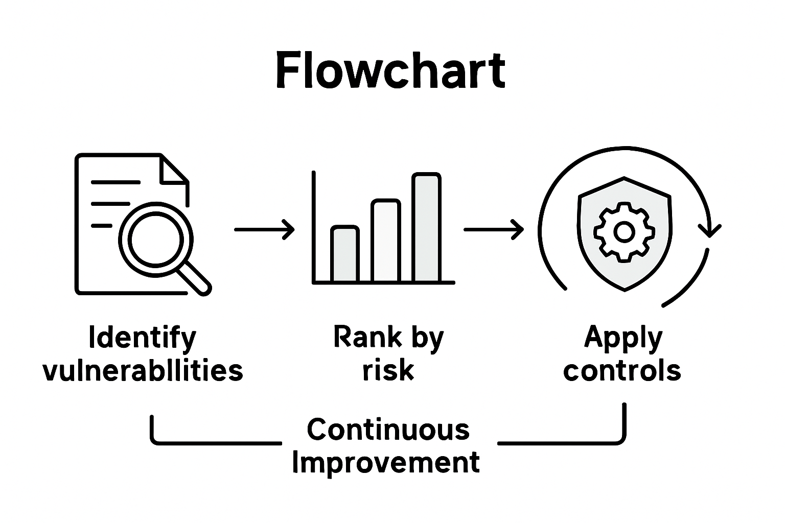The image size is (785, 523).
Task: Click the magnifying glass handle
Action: (x=196, y=280)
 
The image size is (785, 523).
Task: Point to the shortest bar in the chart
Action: (x=344, y=254)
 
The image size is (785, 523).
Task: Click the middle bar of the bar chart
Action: (x=386, y=241)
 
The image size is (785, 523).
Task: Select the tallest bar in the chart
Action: (x=426, y=228)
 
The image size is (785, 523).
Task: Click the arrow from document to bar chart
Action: (x=264, y=230)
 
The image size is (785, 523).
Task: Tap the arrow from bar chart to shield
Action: (x=493, y=230)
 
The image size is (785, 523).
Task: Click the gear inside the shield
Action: (x=624, y=232)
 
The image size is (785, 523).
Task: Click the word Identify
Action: (x=143, y=338)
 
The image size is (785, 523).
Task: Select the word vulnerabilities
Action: (x=143, y=370)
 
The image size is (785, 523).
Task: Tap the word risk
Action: (x=388, y=370)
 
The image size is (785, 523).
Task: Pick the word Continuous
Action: (x=388, y=430)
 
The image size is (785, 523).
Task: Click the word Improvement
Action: (x=386, y=463)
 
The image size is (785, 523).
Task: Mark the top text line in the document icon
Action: (x=115, y=182)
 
